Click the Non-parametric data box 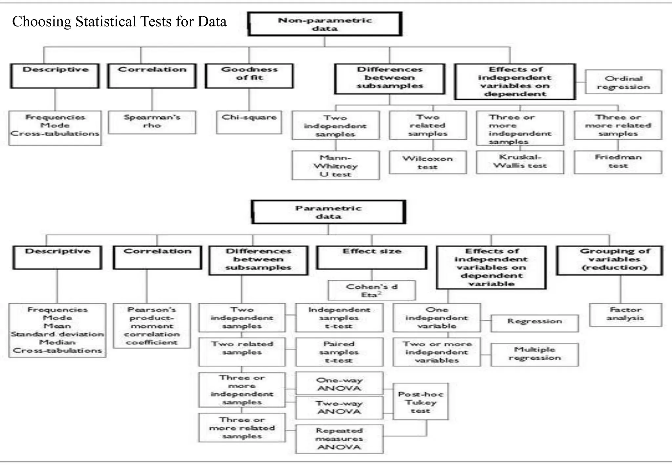325,24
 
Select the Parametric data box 328,212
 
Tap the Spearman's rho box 152,122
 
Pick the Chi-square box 249,122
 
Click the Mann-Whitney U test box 336,165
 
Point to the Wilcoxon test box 428,162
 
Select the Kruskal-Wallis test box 520,162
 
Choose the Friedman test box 618,162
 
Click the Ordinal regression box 623,82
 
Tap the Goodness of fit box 249,76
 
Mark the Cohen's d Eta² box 372,290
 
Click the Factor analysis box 625,314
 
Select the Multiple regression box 535,354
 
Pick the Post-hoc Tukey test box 420,402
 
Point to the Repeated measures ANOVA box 339,439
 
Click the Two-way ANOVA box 339,407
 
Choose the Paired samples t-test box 339,352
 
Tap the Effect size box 372,257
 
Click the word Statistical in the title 106,22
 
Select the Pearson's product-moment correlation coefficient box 152,326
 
